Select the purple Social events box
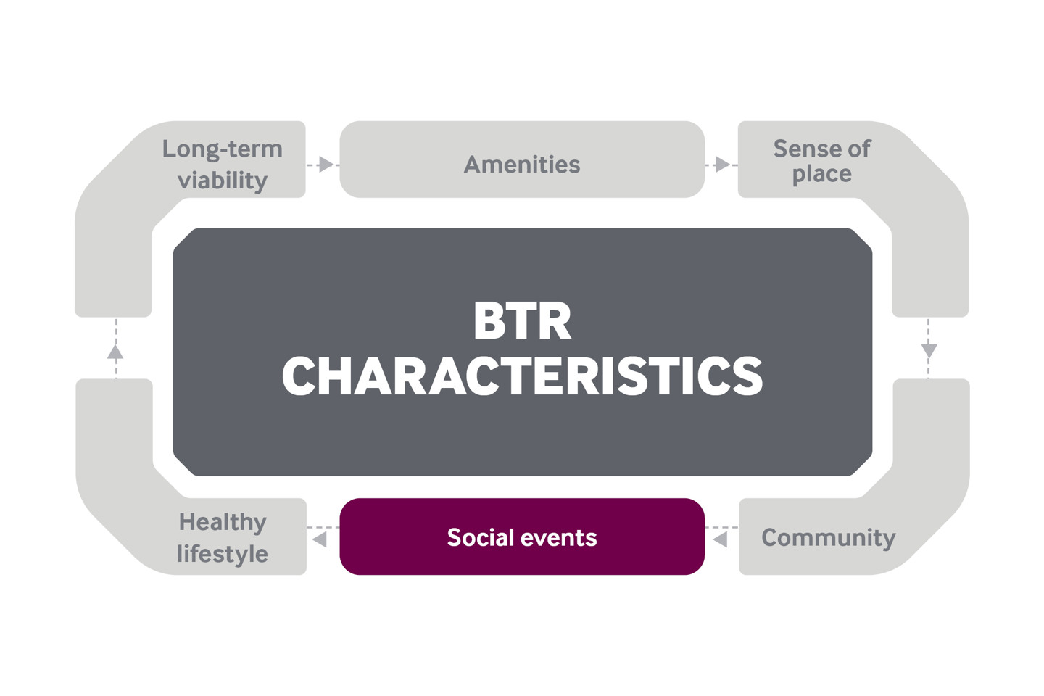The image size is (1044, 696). (x=522, y=536)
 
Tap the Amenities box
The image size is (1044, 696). (x=522, y=159)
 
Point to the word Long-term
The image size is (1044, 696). (x=223, y=150)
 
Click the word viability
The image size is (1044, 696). (x=223, y=181)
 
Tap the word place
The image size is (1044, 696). (x=822, y=174)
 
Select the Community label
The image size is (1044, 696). (x=829, y=537)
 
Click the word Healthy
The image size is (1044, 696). (x=223, y=522)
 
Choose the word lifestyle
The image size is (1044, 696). (x=223, y=554)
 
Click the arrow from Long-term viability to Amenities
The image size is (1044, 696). (x=323, y=165)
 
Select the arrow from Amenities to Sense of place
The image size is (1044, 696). (x=721, y=165)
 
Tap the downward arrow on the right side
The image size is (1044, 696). (x=929, y=348)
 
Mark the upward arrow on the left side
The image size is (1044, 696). (x=115, y=348)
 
